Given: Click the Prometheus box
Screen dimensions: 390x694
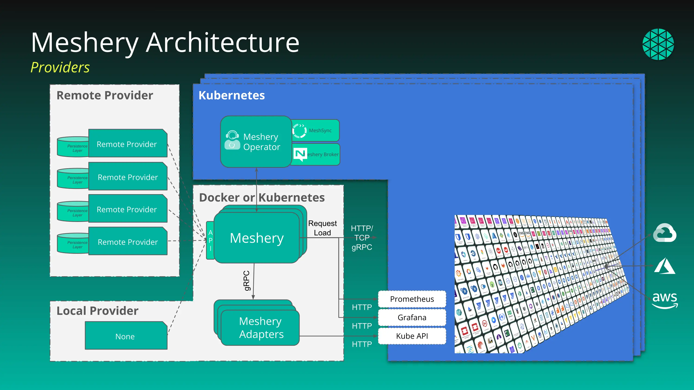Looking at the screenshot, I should click(x=412, y=299).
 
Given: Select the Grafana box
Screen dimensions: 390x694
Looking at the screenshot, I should click(x=412, y=318).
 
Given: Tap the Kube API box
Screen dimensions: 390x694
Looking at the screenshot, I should click(x=412, y=336).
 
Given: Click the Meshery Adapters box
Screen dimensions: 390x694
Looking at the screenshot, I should click(x=261, y=328).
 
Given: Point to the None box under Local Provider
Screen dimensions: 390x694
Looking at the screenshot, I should click(x=126, y=336).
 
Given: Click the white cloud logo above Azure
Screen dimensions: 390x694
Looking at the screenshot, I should click(x=665, y=233).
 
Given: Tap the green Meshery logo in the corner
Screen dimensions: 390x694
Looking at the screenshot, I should click(x=658, y=44).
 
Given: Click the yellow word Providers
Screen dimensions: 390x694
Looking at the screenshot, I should click(x=60, y=67).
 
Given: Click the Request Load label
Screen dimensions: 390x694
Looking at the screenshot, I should click(x=322, y=228).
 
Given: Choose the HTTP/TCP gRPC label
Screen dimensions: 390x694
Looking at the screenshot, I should click(x=362, y=238).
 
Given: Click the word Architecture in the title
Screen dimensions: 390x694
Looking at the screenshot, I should click(x=223, y=43).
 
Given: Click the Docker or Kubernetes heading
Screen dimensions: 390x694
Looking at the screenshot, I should click(x=262, y=198).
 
